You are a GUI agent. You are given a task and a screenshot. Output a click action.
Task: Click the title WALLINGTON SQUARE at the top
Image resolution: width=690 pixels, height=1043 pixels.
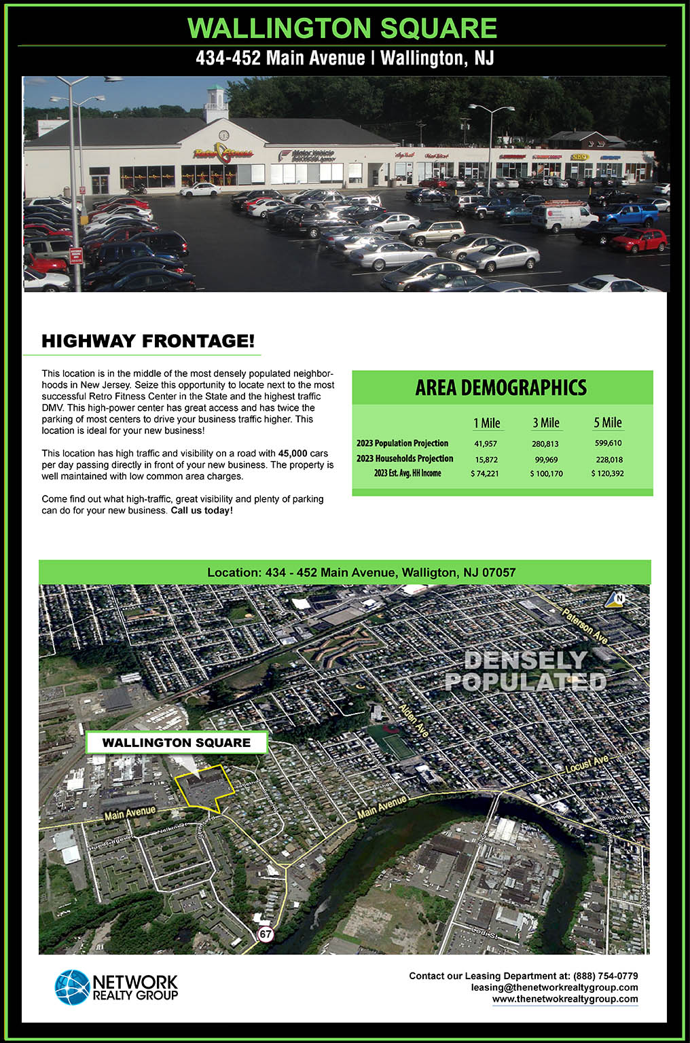342,29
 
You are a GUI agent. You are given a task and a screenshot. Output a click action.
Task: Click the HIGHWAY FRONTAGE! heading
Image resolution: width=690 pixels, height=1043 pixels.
148,341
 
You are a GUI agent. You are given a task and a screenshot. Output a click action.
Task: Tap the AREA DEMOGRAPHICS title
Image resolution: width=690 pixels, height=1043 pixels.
501,388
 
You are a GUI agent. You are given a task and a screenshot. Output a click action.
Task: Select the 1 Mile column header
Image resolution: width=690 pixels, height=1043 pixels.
486,423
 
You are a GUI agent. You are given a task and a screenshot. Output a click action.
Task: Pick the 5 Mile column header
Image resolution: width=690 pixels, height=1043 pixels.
607,423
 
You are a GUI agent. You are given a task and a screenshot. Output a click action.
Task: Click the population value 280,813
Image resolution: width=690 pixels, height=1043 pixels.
546,444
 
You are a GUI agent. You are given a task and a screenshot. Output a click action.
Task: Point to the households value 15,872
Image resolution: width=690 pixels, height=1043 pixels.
486,460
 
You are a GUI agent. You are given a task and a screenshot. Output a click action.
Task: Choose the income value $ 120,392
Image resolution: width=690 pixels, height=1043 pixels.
607,473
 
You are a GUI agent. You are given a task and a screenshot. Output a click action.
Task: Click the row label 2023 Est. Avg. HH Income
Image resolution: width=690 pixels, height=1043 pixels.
407,473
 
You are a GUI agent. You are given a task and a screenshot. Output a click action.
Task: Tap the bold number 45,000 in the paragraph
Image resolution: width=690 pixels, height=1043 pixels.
293,454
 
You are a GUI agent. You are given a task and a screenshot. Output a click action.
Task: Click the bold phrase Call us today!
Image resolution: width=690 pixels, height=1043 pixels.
202,511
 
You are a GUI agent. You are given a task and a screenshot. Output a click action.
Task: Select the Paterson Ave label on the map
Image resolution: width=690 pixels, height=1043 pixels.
585,625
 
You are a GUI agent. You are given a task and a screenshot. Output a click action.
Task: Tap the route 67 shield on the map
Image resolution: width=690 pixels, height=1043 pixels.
265,934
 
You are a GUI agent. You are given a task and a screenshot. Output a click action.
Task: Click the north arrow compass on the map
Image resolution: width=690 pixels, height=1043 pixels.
616,599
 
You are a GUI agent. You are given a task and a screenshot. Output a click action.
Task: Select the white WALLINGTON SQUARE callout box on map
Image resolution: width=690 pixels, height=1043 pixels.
177,743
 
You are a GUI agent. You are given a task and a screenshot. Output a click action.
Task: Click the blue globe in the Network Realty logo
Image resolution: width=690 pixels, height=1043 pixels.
72,987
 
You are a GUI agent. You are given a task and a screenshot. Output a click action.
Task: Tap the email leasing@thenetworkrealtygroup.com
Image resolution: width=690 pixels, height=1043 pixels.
554,987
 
